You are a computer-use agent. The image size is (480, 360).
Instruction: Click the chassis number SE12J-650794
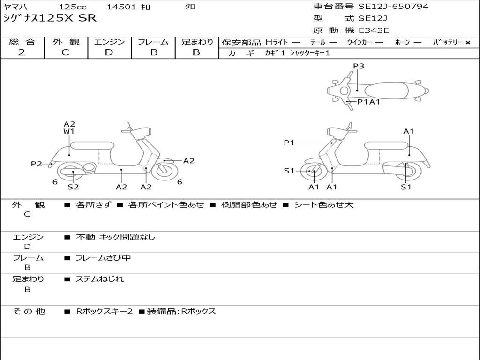pyautogui.click(x=393, y=7)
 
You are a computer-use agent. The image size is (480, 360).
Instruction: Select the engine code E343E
pyautogui.click(x=374, y=30)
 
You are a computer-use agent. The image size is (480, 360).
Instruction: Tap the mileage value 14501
pyautogui.click(x=121, y=7)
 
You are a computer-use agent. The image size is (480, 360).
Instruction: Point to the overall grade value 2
pyautogui.click(x=22, y=52)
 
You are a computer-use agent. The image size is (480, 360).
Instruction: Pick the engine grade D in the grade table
pyautogui.click(x=109, y=52)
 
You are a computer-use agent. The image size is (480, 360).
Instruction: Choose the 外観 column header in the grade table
pyautogui.click(x=66, y=42)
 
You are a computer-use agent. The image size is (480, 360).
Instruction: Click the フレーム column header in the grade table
pyautogui.click(x=153, y=42)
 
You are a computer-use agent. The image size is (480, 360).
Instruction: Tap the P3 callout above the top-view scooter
pyautogui.click(x=359, y=66)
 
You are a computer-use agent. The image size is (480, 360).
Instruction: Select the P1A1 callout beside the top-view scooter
pyautogui.click(x=368, y=102)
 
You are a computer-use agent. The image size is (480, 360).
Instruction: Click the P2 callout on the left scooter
pyautogui.click(x=37, y=164)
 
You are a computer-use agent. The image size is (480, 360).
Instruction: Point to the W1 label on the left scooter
pyautogui.click(x=69, y=132)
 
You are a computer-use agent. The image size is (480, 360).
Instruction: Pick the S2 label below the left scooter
pyautogui.click(x=73, y=187)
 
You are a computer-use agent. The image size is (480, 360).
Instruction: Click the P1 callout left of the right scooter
pyautogui.click(x=289, y=142)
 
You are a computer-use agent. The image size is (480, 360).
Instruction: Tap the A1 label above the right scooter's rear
pyautogui.click(x=409, y=131)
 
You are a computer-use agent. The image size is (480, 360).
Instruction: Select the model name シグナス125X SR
pyautogui.click(x=50, y=18)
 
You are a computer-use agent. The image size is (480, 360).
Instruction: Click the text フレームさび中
pyautogui.click(x=103, y=258)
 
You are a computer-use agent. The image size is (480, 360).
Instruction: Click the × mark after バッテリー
pyautogui.click(x=467, y=42)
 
